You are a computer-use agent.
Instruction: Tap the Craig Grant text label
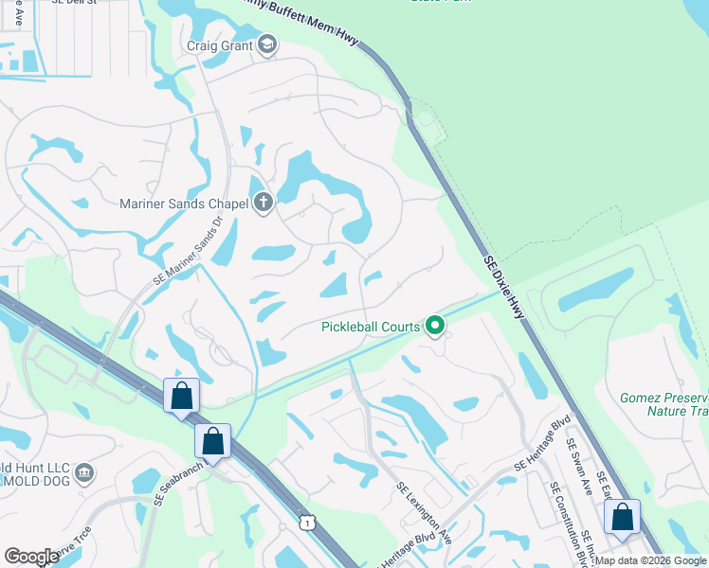pyautogui.click(x=220, y=45)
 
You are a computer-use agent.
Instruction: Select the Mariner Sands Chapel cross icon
pyautogui.click(x=264, y=202)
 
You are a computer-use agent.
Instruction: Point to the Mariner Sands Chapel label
pyautogui.click(x=184, y=203)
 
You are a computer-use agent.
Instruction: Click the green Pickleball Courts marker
pyautogui.click(x=435, y=327)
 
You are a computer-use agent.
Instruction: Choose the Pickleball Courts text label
pyautogui.click(x=370, y=327)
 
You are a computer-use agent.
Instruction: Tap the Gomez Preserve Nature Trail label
pyautogui.click(x=664, y=404)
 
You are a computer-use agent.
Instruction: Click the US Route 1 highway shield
pyautogui.click(x=306, y=522)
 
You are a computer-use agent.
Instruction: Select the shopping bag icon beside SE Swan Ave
pyautogui.click(x=622, y=517)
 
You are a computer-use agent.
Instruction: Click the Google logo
pyautogui.click(x=31, y=557)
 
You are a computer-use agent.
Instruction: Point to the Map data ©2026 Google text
pyautogui.click(x=650, y=560)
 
